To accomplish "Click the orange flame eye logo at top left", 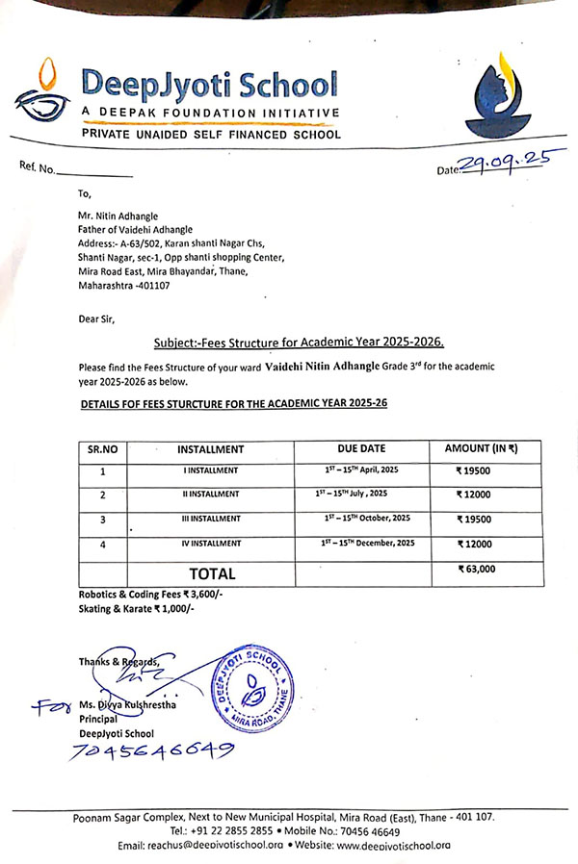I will (x=40, y=94).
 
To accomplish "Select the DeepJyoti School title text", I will (x=209, y=84).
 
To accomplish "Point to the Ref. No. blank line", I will (x=94, y=175).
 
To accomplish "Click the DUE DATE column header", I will (x=361, y=448).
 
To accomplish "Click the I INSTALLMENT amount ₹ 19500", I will (x=474, y=471).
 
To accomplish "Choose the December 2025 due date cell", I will (x=368, y=544).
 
